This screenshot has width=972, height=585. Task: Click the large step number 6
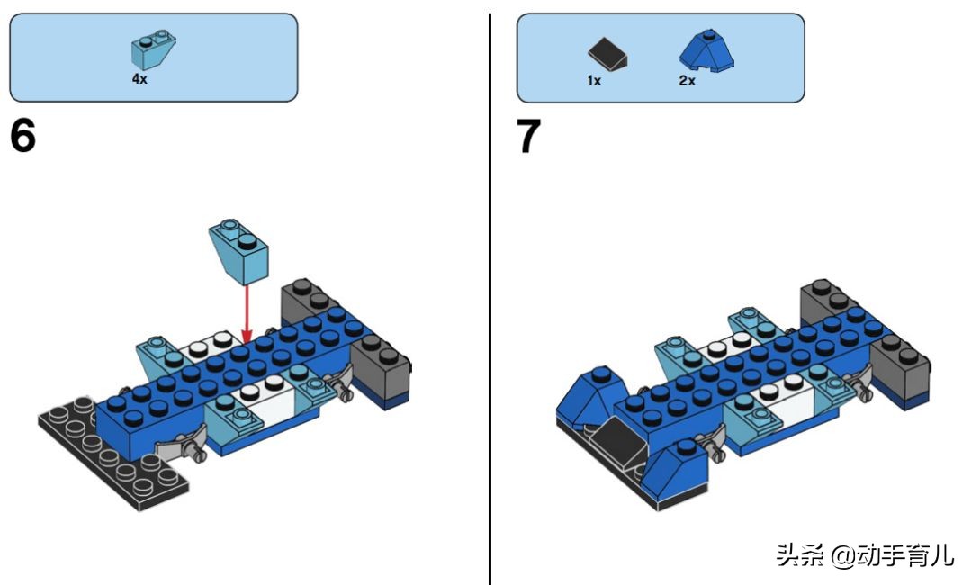23,137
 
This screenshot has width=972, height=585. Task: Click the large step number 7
529,137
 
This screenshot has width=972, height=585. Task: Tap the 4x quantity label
139,79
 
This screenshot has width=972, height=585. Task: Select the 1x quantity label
594,80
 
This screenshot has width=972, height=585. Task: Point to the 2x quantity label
687,80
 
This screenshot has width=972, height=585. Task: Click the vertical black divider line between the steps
490,297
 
